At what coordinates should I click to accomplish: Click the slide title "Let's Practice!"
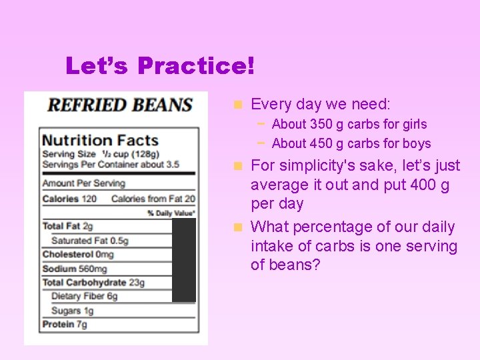click(160, 66)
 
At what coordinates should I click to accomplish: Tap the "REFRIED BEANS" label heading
click(119, 105)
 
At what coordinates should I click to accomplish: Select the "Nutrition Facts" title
click(100, 140)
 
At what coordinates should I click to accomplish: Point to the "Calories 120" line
click(69, 199)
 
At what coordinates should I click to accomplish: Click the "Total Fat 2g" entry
click(67, 227)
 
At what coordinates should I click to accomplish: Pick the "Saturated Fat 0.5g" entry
click(89, 241)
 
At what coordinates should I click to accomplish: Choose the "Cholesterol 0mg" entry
click(78, 255)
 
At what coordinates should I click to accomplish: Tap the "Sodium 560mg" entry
click(74, 269)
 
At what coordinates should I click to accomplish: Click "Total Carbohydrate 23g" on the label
click(93, 283)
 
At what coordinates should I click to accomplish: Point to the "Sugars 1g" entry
click(72, 311)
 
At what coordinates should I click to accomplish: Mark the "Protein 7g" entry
click(64, 325)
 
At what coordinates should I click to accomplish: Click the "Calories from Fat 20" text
click(153, 199)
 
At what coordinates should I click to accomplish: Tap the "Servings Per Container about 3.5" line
click(109, 165)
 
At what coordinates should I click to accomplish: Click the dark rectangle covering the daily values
click(184, 261)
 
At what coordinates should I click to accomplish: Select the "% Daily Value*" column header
click(172, 213)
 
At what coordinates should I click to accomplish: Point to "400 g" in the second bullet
click(431, 185)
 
